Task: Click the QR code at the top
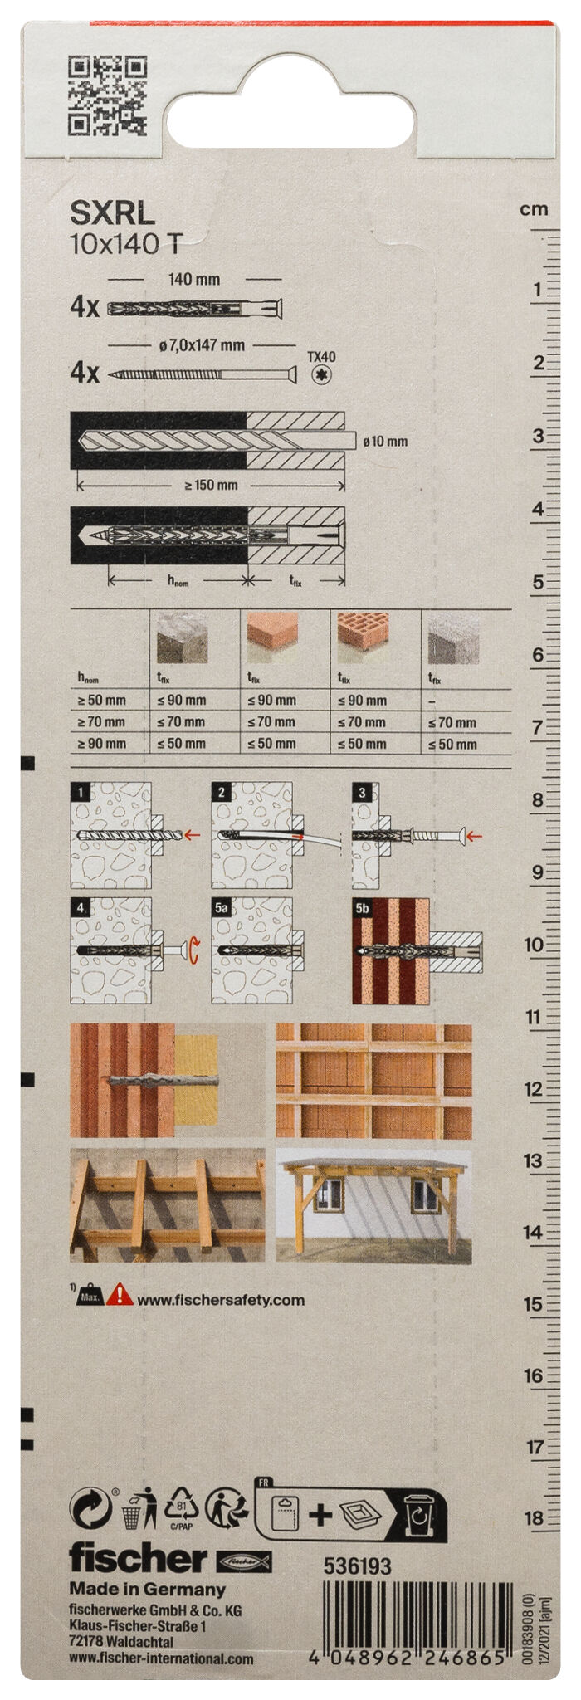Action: coord(107,95)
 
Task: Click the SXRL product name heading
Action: coord(112,213)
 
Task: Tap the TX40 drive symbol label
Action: coord(321,358)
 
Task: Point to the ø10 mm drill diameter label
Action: coord(385,442)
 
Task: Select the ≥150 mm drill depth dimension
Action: coord(211,485)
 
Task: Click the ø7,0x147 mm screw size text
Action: coord(202,345)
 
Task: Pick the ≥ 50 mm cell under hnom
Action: coord(102,701)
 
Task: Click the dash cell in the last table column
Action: coord(432,701)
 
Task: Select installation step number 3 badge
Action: coord(362,793)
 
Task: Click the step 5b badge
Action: coord(363,908)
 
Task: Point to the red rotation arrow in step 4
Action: coord(194,950)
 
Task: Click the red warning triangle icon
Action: coord(120,1294)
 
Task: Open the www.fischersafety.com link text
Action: coord(220,1300)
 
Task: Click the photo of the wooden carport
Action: coord(373,1205)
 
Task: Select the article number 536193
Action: coord(357,1566)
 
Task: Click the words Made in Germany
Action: coord(147,1589)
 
